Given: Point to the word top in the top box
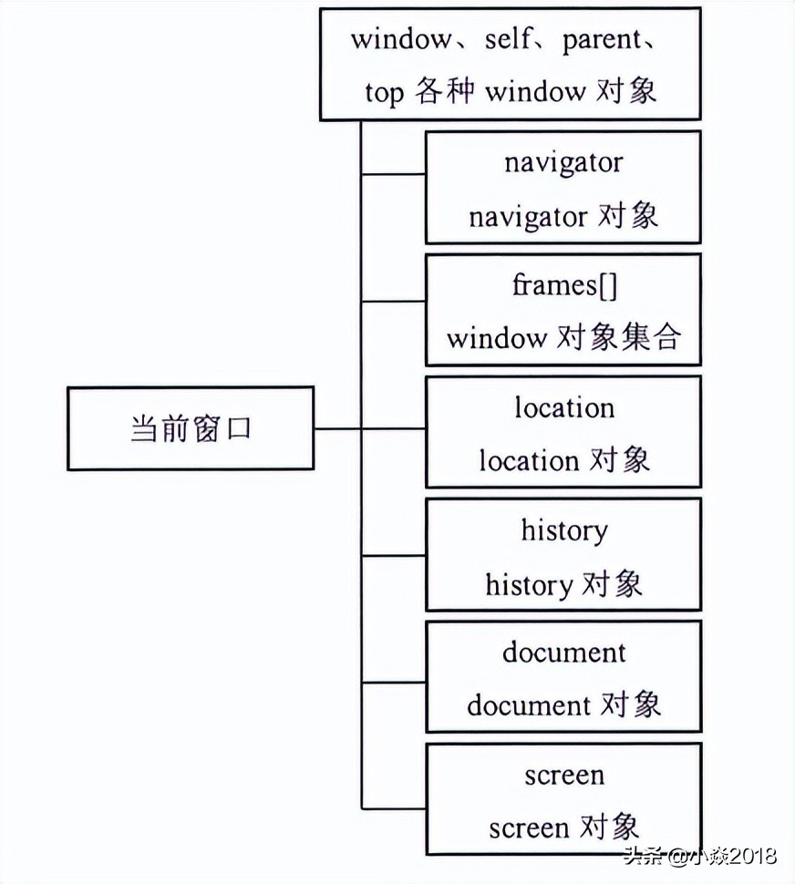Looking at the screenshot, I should coord(384,92).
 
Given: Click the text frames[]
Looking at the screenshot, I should coord(564,284).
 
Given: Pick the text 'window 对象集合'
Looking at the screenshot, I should coord(563,338).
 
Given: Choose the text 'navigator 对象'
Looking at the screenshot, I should coord(563,216).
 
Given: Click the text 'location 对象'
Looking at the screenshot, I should coord(563,460).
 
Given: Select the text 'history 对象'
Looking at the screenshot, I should coord(563,584).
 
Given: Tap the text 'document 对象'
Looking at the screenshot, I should coord(563,705).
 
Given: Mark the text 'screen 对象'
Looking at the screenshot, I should coord(563,827).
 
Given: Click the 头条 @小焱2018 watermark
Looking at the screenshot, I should coord(699,857).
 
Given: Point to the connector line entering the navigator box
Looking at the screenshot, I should coord(394,173).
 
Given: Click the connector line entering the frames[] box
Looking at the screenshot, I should coord(394,301).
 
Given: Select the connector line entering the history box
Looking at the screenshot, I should coord(394,555).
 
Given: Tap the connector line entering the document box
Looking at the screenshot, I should coord(394,679).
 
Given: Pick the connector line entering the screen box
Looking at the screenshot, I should coord(394,807).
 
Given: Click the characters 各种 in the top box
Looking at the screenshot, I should coord(444,92).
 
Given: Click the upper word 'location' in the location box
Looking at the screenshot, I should coord(564,407).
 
